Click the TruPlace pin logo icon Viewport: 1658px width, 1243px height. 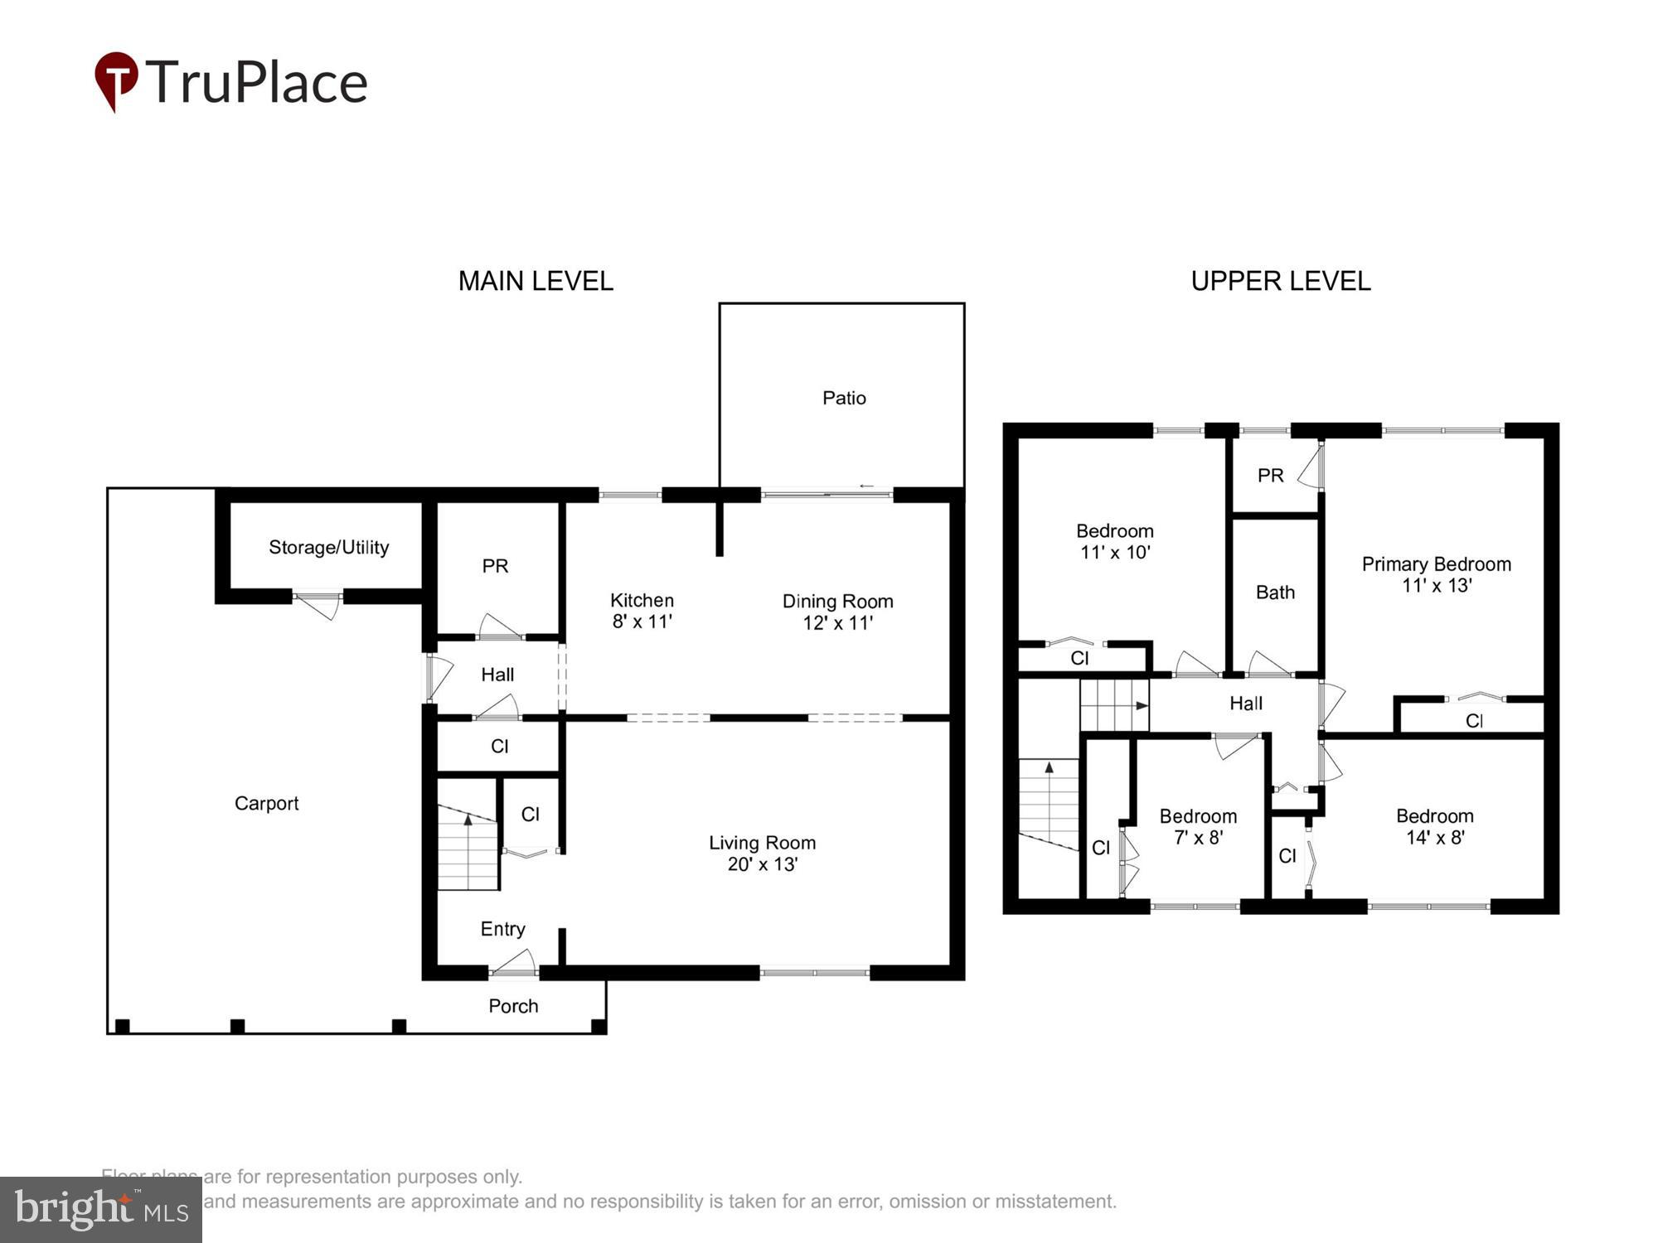pyautogui.click(x=116, y=80)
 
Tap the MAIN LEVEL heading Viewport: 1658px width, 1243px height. pyautogui.click(x=536, y=282)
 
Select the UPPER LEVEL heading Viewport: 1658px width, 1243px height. pyautogui.click(x=1280, y=282)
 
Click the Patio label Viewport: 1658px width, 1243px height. pyautogui.click(x=844, y=398)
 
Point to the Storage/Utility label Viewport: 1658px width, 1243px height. pyautogui.click(x=328, y=547)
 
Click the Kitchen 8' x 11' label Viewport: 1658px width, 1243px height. pyautogui.click(x=642, y=611)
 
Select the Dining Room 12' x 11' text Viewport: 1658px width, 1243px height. pyautogui.click(x=837, y=612)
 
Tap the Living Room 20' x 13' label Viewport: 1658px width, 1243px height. pyautogui.click(x=762, y=853)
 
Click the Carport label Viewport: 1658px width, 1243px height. pyautogui.click(x=266, y=803)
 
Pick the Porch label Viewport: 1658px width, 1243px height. pyautogui.click(x=513, y=1006)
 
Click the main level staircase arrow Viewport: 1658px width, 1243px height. pyautogui.click(x=468, y=820)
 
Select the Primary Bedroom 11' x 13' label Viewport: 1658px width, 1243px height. pyautogui.click(x=1436, y=574)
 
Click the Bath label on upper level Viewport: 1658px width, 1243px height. pyautogui.click(x=1274, y=592)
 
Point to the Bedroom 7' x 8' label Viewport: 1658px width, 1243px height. pyautogui.click(x=1198, y=826)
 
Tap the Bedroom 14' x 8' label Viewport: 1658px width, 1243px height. pyautogui.click(x=1434, y=826)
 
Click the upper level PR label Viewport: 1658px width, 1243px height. pyautogui.click(x=1270, y=476)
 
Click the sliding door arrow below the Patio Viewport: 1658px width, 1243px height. pyautogui.click(x=866, y=486)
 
